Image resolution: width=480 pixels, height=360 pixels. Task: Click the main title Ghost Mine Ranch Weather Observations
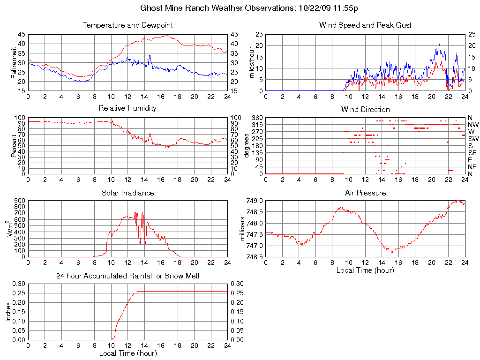point(250,8)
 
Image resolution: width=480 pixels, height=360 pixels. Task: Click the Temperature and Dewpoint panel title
point(127,25)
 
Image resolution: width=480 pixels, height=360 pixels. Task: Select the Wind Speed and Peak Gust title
point(365,25)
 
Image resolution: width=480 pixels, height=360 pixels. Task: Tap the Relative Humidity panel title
point(127,108)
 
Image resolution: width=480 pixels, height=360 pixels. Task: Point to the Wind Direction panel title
point(365,109)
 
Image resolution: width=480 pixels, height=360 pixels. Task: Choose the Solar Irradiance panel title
point(127,193)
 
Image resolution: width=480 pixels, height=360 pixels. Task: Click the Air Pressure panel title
point(365,193)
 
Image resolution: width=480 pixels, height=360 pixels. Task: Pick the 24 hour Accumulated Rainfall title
point(127,276)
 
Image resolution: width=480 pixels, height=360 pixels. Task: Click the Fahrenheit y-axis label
point(14,62)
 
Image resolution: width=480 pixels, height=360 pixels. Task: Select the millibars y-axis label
point(242,229)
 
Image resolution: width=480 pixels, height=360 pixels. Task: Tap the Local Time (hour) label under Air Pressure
point(365,270)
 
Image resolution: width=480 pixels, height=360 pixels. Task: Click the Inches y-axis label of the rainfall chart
point(8,312)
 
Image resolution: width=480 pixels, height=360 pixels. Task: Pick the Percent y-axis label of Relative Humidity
point(14,145)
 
